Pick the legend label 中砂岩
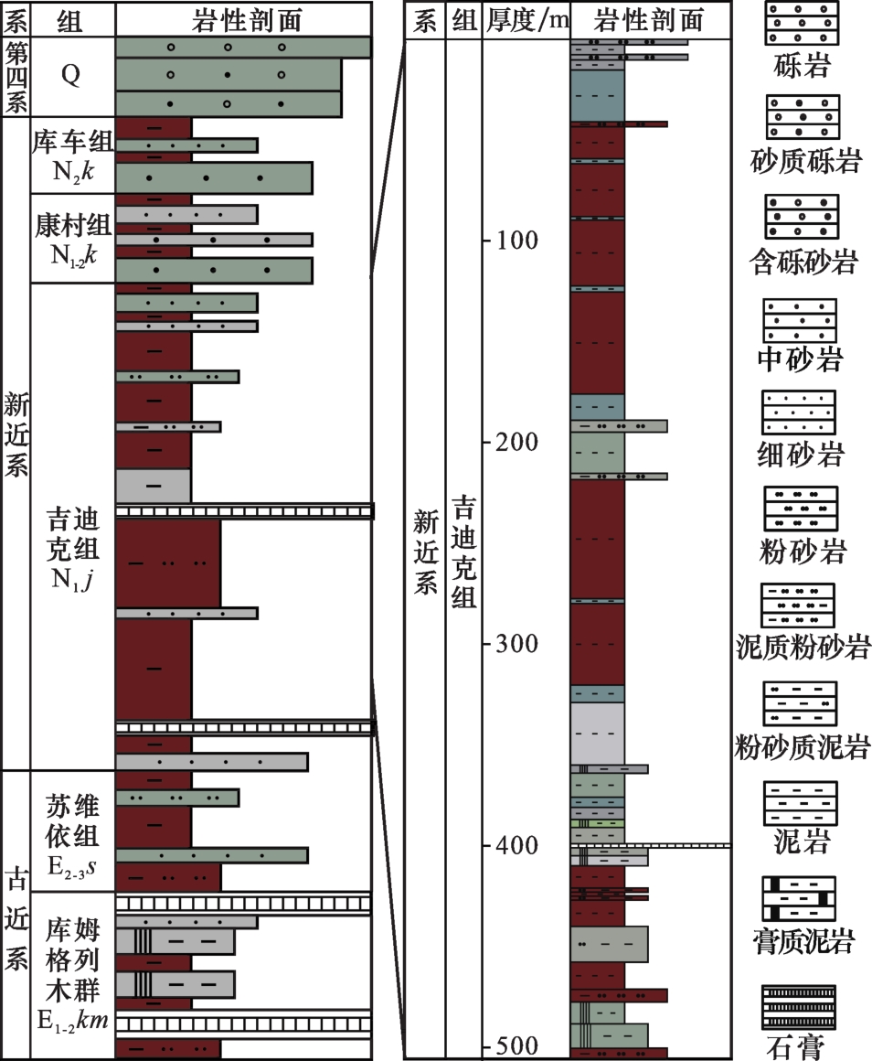point(800,359)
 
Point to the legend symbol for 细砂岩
point(799,413)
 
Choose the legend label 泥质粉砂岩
point(803,648)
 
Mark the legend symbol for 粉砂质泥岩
point(800,704)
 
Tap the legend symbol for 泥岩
point(800,803)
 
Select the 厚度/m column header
point(527,19)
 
